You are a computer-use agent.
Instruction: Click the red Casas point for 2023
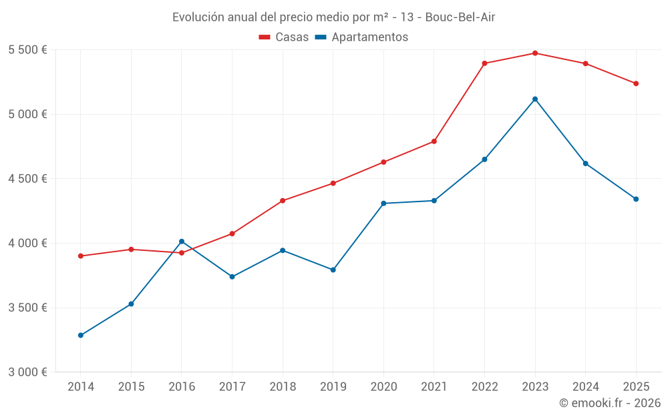[x=535, y=53]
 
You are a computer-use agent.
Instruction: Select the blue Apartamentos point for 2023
[x=535, y=99]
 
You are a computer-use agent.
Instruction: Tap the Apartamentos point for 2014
[x=81, y=335]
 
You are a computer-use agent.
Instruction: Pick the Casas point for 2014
[x=81, y=256]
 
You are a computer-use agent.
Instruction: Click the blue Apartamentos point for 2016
[x=182, y=242]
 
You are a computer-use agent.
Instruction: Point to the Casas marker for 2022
[x=484, y=63]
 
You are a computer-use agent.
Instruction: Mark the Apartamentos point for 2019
[x=333, y=270]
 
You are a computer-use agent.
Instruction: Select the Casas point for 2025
[x=636, y=83]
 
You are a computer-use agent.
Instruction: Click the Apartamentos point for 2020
[x=383, y=203]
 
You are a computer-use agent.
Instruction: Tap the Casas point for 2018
[x=283, y=201]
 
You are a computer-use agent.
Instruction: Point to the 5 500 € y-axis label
[x=27, y=50]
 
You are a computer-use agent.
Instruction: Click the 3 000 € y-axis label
[x=27, y=372]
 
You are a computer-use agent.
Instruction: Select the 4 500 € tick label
[x=27, y=179]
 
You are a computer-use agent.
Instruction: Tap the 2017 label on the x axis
[x=232, y=387]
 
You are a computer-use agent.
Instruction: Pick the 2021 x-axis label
[x=434, y=387]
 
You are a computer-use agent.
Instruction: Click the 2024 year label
[x=585, y=387]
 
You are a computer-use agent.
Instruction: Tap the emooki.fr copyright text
[x=610, y=403]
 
